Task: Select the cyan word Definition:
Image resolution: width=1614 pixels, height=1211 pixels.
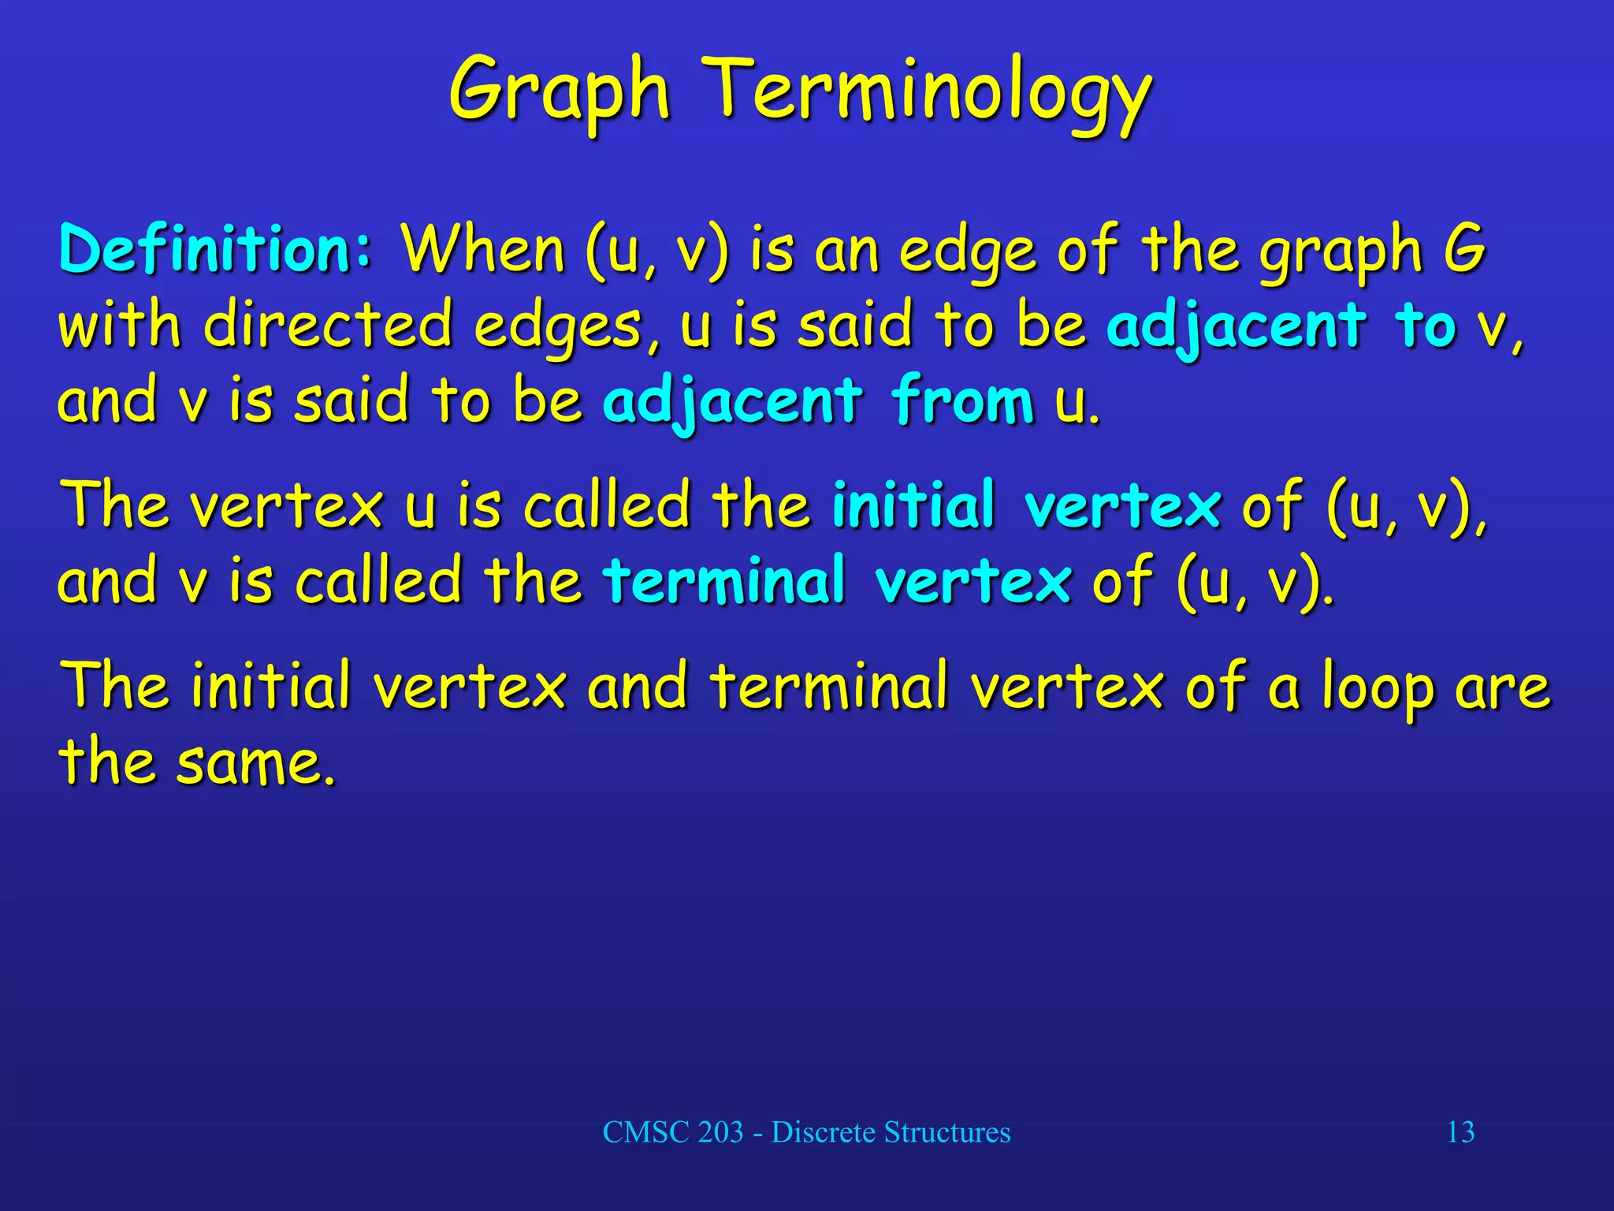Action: (x=215, y=249)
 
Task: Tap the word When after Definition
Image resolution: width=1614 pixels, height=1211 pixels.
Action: (x=482, y=249)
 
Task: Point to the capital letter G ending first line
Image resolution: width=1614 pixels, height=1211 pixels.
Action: (x=1464, y=249)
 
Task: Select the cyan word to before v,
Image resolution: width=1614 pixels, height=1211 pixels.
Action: (x=1425, y=325)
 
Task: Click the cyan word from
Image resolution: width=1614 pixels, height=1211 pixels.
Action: (x=962, y=401)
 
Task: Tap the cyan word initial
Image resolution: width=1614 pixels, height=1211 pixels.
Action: (x=913, y=505)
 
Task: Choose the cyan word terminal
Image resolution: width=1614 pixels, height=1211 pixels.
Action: (x=724, y=580)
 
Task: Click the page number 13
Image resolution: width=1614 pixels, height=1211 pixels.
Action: (x=1460, y=1132)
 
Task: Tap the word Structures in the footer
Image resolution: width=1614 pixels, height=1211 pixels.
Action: (x=946, y=1132)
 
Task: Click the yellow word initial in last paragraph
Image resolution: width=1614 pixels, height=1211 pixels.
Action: (x=270, y=685)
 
